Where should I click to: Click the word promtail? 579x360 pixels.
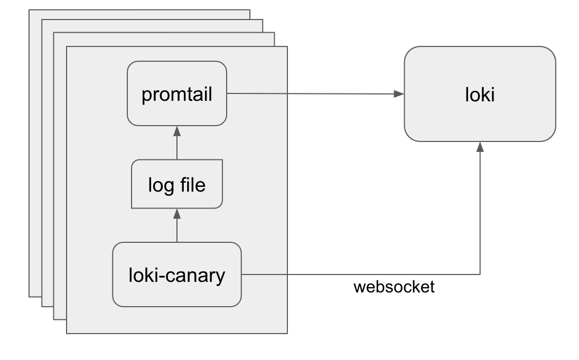(176, 95)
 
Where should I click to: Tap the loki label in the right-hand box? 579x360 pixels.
(480, 95)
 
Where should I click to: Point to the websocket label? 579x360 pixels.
(394, 287)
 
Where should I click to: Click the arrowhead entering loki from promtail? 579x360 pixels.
(400, 94)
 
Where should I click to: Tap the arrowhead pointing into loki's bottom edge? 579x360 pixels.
(480, 146)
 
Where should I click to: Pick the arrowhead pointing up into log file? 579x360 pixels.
(177, 213)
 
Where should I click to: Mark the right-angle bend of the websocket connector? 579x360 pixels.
(480, 274)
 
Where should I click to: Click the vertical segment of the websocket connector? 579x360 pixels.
(480, 211)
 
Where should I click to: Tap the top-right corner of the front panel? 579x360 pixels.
(287, 46)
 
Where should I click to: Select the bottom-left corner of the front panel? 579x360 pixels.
(67, 334)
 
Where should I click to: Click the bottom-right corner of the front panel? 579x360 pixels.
(287, 334)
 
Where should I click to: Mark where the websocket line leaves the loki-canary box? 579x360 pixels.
(241, 274)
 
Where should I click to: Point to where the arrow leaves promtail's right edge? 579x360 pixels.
(227, 93)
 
